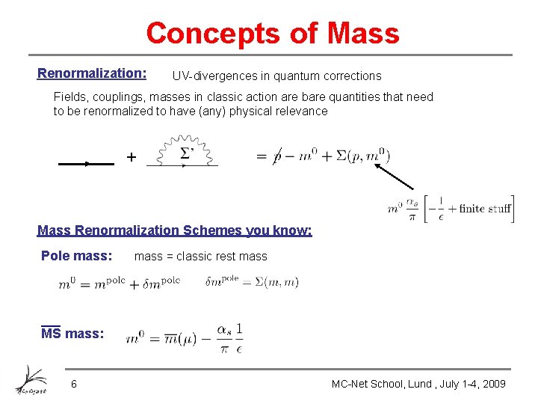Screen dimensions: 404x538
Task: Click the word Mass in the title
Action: coord(364,34)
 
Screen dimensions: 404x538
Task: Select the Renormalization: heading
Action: coord(92,73)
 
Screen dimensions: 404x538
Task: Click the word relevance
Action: coord(302,111)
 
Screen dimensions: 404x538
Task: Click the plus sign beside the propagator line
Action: coord(132,157)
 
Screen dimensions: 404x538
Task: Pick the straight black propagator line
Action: coord(86,162)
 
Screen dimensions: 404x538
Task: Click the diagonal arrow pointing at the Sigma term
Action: coord(395,177)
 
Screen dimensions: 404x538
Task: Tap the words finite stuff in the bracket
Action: coord(484,208)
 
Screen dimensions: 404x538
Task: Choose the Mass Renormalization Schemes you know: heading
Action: coord(175,230)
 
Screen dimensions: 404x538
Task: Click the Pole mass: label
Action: coord(76,256)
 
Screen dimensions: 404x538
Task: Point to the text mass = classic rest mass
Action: coord(200,257)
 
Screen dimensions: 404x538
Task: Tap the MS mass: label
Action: coord(72,334)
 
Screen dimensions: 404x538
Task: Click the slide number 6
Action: coord(73,384)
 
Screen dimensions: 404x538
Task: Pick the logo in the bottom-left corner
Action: coord(31,379)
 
